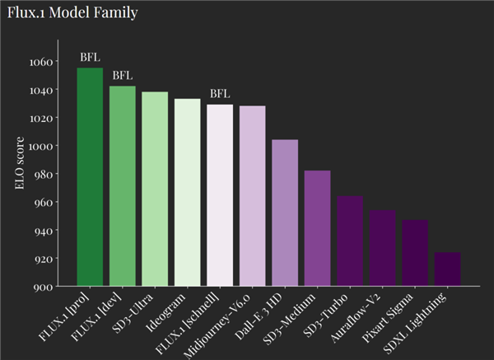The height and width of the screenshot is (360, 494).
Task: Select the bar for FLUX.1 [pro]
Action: tap(90, 177)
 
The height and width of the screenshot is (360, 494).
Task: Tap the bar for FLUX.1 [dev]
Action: tap(123, 186)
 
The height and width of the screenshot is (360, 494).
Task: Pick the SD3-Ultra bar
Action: tap(155, 189)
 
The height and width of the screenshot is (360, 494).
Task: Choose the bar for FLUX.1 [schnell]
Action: tap(220, 195)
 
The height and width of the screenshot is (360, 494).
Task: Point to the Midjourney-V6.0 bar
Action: tap(253, 196)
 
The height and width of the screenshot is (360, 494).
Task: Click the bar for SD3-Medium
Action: tap(318, 228)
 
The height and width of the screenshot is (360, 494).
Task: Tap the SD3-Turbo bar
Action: tap(350, 241)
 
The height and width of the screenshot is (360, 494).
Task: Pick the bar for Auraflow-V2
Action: tap(382, 248)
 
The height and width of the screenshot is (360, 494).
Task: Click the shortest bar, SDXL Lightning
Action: tap(447, 269)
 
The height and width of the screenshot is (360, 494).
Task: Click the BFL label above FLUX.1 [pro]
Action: tap(90, 58)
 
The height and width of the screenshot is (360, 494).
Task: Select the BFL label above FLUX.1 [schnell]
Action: tap(220, 94)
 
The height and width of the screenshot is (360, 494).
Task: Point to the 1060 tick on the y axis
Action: tap(40, 62)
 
